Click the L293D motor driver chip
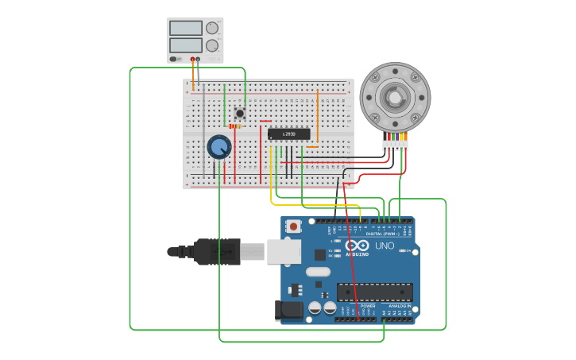click(288, 134)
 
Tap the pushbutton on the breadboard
click(240, 113)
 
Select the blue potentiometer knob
click(218, 147)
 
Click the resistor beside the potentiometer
click(235, 126)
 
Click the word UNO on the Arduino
click(385, 246)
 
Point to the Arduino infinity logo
click(357, 246)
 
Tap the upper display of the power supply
click(185, 28)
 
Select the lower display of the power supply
click(185, 45)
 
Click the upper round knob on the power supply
click(212, 28)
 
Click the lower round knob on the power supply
click(212, 45)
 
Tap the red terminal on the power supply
click(192, 59)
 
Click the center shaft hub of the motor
click(394, 97)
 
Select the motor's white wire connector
click(394, 145)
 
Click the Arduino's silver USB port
click(284, 252)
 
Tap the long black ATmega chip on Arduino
click(374, 292)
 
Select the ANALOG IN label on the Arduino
click(399, 305)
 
